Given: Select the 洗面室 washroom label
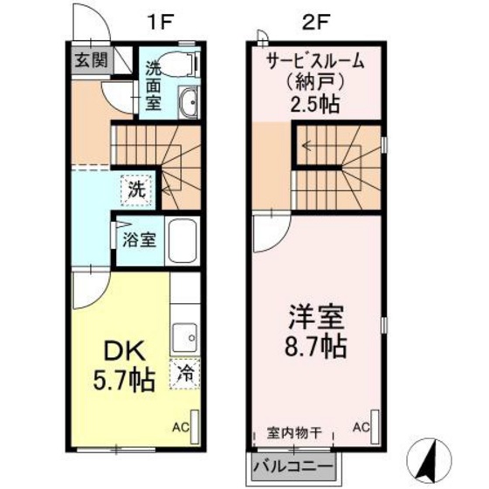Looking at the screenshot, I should [154, 85].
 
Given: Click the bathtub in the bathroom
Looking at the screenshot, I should [184, 239].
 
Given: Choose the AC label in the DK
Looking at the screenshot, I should [180, 427].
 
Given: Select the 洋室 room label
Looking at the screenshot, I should [316, 313].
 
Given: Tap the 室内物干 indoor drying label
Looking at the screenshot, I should [293, 433].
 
